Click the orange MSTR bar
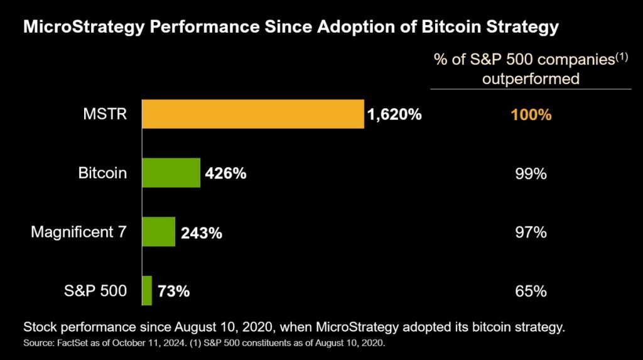point(253,114)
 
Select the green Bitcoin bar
point(171,173)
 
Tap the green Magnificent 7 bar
point(159,232)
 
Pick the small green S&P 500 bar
point(148,290)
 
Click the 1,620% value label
point(394,115)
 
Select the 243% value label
point(201,233)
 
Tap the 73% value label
point(173,292)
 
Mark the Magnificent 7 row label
point(78,232)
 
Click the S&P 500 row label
point(96,291)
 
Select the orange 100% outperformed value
point(531,116)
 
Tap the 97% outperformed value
point(531,232)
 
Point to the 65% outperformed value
point(531,292)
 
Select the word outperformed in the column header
point(531,80)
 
